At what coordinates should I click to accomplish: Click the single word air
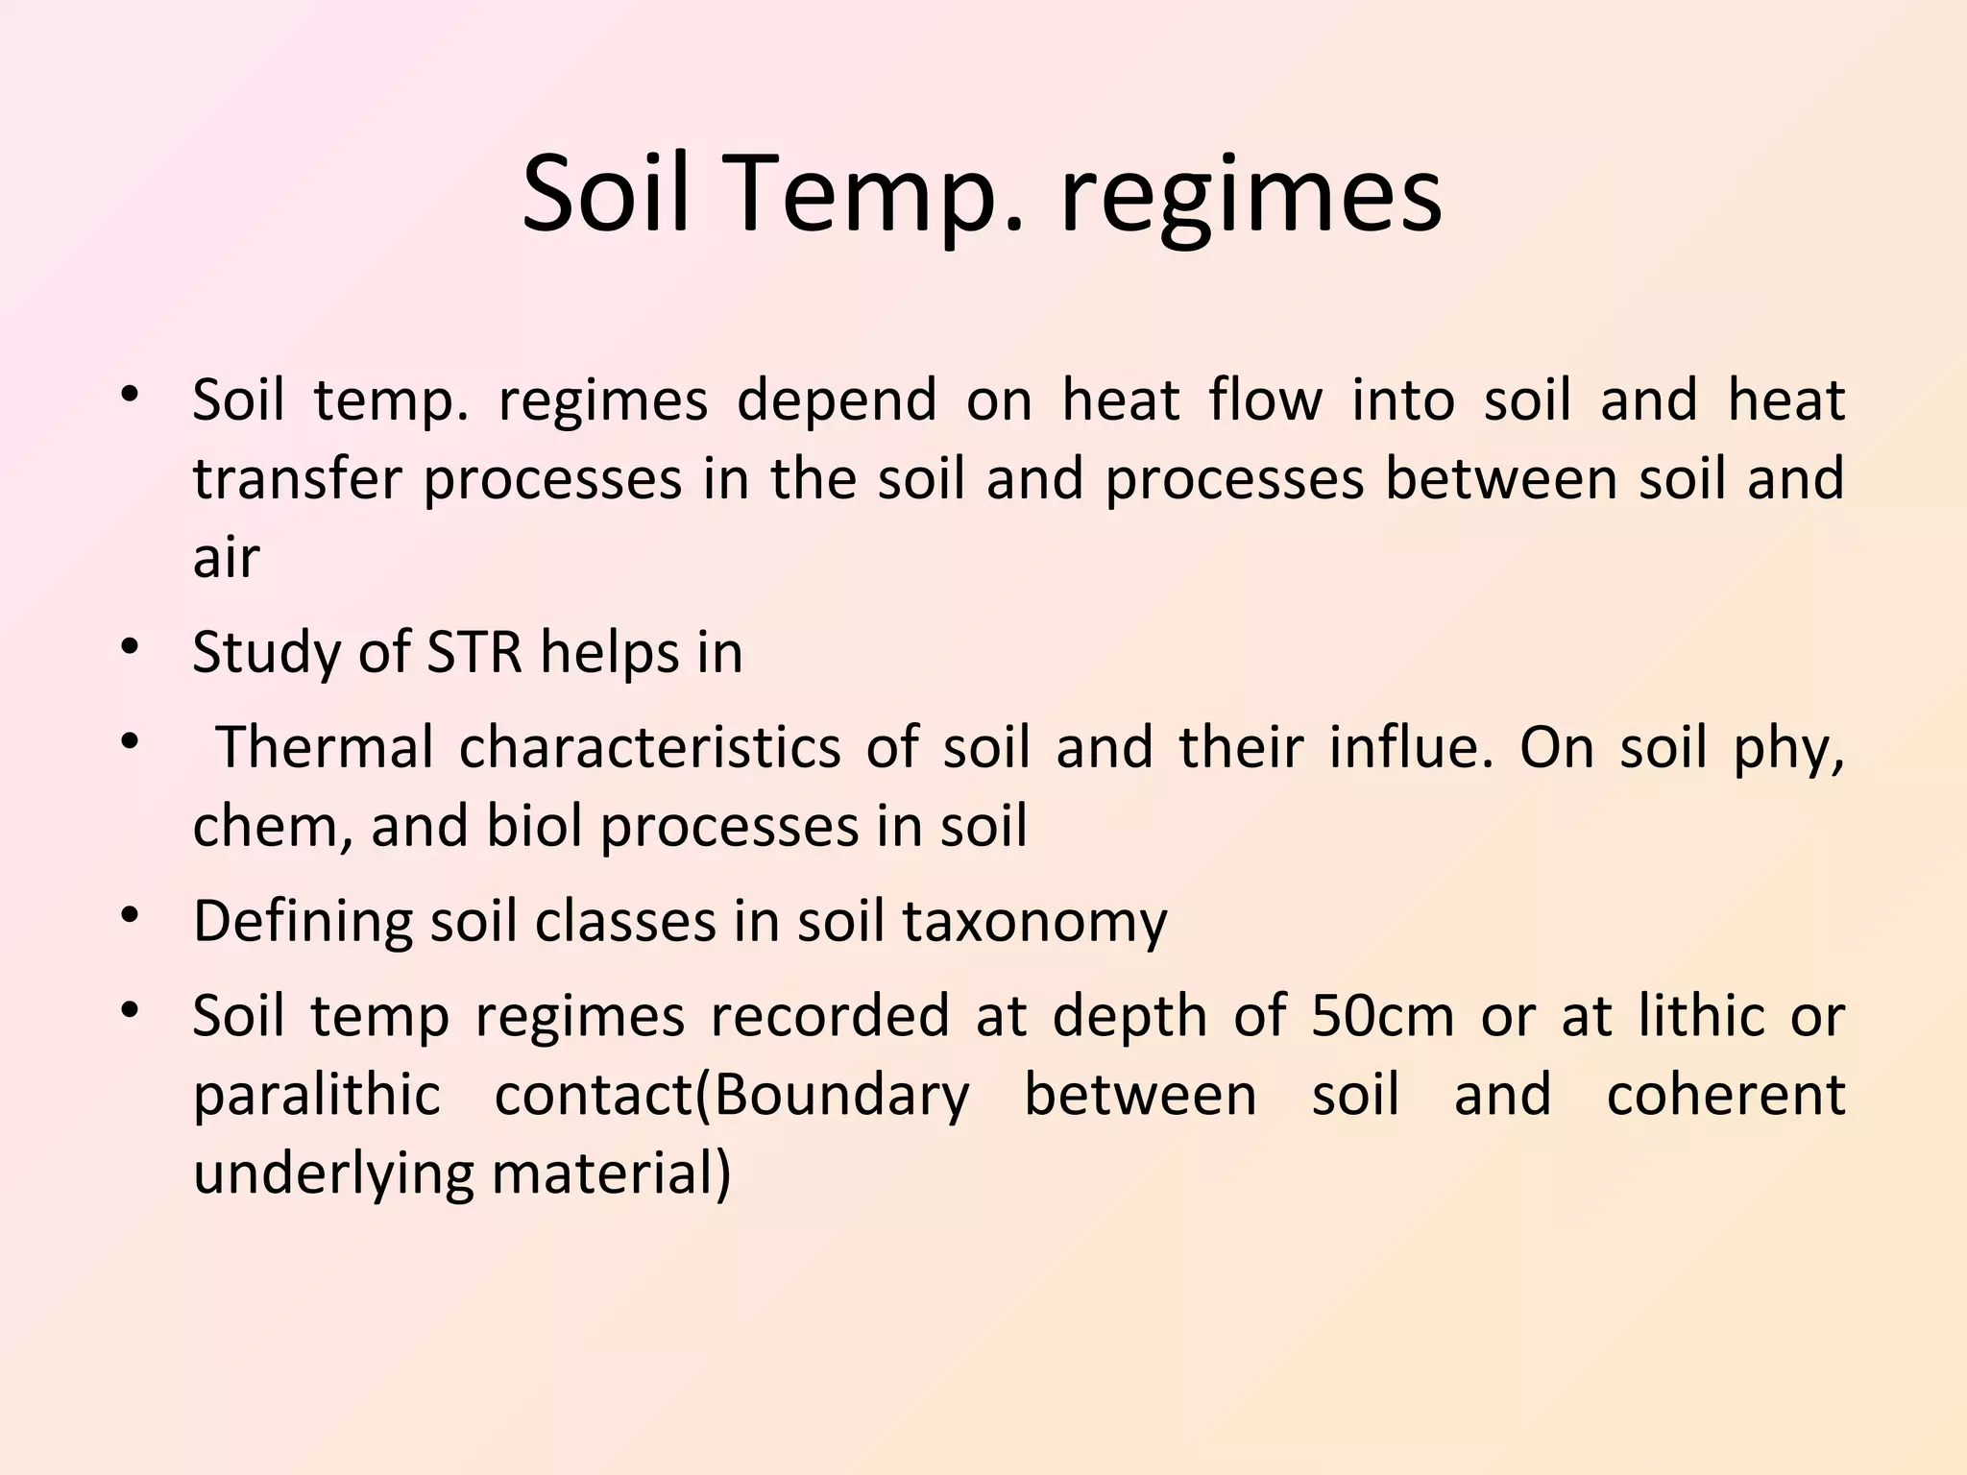point(226,557)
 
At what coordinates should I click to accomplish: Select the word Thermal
point(325,747)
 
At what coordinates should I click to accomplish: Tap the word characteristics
point(649,747)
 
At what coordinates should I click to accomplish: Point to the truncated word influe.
point(1412,747)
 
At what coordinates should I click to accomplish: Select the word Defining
point(302,921)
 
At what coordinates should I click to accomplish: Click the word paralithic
point(316,1095)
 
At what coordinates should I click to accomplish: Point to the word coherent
point(1726,1095)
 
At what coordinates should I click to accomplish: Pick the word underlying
point(333,1173)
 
